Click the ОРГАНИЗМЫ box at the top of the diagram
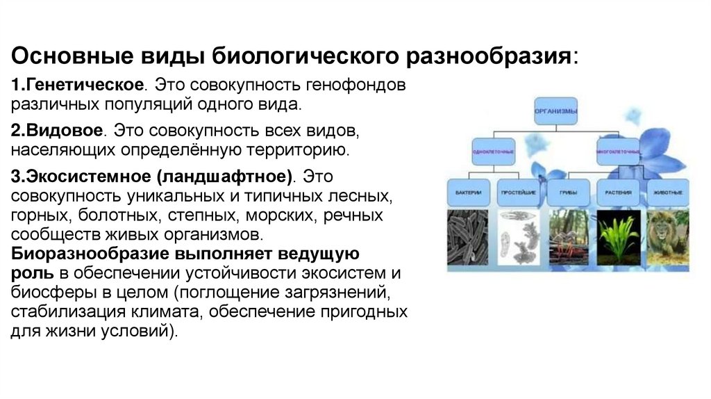pos(556,111)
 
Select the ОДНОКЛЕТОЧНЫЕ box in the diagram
pos(492,151)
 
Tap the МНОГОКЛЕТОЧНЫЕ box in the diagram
pos(617,151)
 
